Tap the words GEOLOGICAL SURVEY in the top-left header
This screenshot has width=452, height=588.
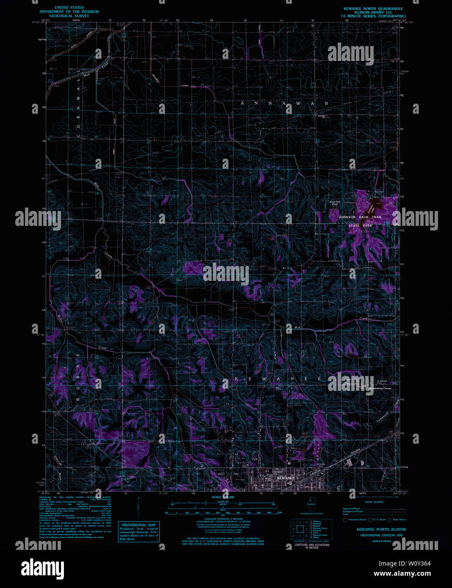click(69, 16)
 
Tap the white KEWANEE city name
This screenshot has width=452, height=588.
click(285, 478)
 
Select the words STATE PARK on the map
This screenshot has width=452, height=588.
click(360, 226)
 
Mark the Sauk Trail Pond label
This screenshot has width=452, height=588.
click(335, 203)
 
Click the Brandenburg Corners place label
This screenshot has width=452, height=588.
click(380, 388)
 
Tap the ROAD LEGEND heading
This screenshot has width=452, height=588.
click(374, 502)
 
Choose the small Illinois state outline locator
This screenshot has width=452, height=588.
click(311, 503)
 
